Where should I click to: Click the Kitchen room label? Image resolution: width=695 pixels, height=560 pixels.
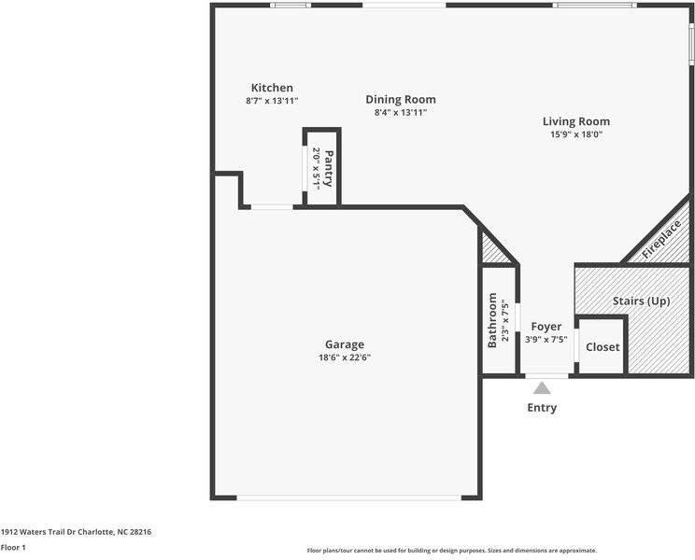coord(271,88)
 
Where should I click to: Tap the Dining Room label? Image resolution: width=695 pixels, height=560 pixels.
coord(400,99)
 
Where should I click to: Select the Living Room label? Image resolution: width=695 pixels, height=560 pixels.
coord(575,121)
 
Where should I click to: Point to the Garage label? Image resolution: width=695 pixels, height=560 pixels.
coord(345,344)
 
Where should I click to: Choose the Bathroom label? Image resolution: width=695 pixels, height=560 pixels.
coord(492,320)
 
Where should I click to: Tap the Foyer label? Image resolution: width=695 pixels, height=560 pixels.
coord(546,327)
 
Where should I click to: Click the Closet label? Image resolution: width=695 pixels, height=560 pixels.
coord(603,347)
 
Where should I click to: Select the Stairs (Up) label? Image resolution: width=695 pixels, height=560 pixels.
coord(641,301)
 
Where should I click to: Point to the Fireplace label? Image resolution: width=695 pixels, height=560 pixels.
coord(661,238)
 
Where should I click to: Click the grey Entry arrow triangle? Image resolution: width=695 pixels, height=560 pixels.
coord(542,387)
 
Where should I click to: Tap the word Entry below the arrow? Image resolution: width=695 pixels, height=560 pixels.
coord(542,408)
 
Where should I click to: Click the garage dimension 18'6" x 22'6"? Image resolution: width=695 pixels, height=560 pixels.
coord(345,357)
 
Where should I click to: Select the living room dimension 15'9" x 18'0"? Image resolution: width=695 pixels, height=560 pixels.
coord(575,134)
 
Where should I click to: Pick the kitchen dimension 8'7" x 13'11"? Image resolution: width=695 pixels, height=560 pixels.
coord(271,101)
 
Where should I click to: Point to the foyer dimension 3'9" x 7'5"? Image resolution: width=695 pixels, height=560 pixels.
coord(546,340)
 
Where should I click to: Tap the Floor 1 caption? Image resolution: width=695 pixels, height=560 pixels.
coord(13,548)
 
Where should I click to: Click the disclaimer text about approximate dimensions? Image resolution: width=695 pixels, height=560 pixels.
coord(451,551)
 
